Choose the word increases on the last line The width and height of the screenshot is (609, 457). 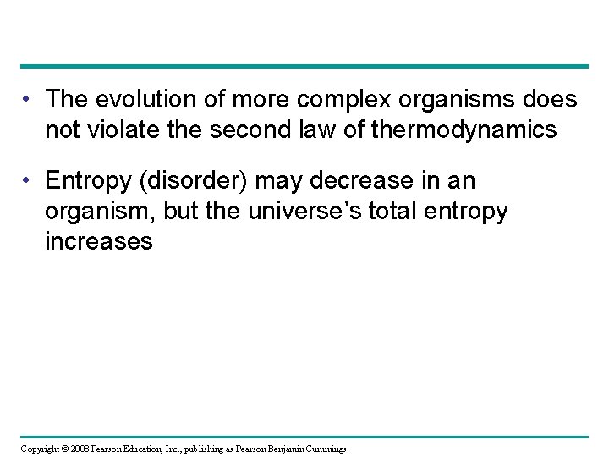click(100, 242)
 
